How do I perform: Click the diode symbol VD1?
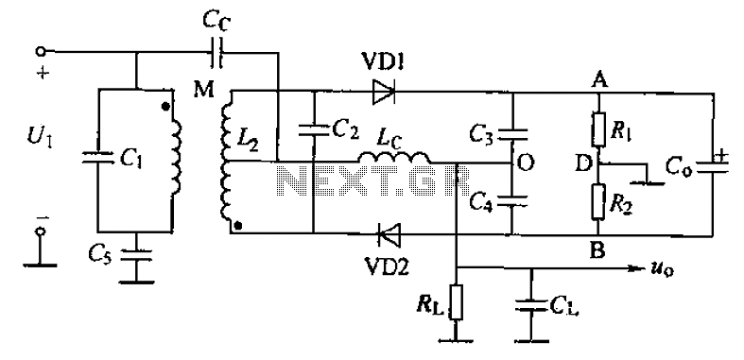tap(384, 91)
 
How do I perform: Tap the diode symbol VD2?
tap(389, 233)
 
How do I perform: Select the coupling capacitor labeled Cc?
tap(217, 51)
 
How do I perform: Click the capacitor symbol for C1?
tap(97, 159)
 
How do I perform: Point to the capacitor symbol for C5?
tap(136, 255)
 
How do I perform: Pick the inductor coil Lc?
tap(394, 157)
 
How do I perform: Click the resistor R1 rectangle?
tap(597, 129)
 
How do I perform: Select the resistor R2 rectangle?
tap(597, 201)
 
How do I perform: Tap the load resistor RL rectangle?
tap(456, 301)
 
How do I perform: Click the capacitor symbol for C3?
tap(513, 134)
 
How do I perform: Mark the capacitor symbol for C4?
tap(513, 200)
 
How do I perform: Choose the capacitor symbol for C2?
tap(314, 130)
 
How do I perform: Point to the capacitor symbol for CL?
tap(531, 302)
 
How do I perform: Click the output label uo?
tap(662, 270)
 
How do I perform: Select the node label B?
tap(598, 250)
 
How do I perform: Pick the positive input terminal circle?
tap(42, 51)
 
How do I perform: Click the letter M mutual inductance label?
tap(204, 89)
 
